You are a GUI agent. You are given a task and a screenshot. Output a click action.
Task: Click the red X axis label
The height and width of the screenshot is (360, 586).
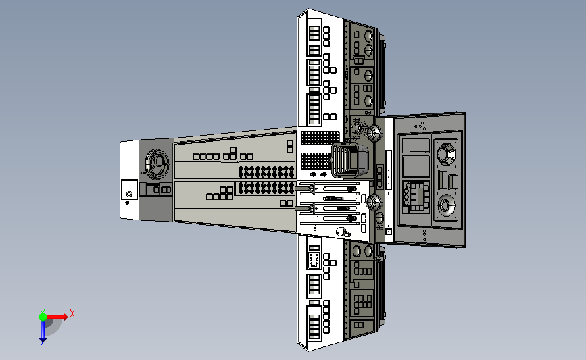tap(72, 313)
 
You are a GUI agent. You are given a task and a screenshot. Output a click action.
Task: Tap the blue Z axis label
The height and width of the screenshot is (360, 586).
tap(42, 344)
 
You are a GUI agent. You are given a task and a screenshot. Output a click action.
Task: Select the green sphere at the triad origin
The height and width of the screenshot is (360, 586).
tap(43, 317)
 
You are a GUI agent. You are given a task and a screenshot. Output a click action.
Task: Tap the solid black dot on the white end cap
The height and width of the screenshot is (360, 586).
tap(128, 203)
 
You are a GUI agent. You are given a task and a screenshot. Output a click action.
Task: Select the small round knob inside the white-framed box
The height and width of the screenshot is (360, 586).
tap(129, 195)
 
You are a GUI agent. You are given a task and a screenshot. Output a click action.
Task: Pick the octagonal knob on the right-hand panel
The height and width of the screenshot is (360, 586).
tap(446, 154)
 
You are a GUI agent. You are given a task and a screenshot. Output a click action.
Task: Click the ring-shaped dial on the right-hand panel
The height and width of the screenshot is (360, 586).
tap(445, 205)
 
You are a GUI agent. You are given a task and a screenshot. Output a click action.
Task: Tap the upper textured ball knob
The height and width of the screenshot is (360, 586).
tap(373, 132)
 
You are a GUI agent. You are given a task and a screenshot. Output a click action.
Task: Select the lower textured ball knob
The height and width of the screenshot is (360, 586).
tap(373, 202)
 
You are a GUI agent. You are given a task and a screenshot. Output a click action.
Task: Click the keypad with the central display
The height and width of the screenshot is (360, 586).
tap(416, 196)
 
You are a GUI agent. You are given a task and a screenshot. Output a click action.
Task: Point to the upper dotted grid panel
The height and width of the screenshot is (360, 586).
tap(320, 138)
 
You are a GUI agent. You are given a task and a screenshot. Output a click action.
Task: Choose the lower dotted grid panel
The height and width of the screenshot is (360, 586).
tap(316, 161)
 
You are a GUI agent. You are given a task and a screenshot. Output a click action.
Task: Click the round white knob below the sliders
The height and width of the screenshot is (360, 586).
tap(341, 232)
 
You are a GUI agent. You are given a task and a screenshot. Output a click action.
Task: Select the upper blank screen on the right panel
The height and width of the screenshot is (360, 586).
tap(416, 146)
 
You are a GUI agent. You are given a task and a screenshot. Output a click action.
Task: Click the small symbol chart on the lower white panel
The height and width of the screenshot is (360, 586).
tap(314, 260)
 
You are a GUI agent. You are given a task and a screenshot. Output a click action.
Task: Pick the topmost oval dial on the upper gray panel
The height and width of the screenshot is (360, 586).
tap(368, 36)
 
